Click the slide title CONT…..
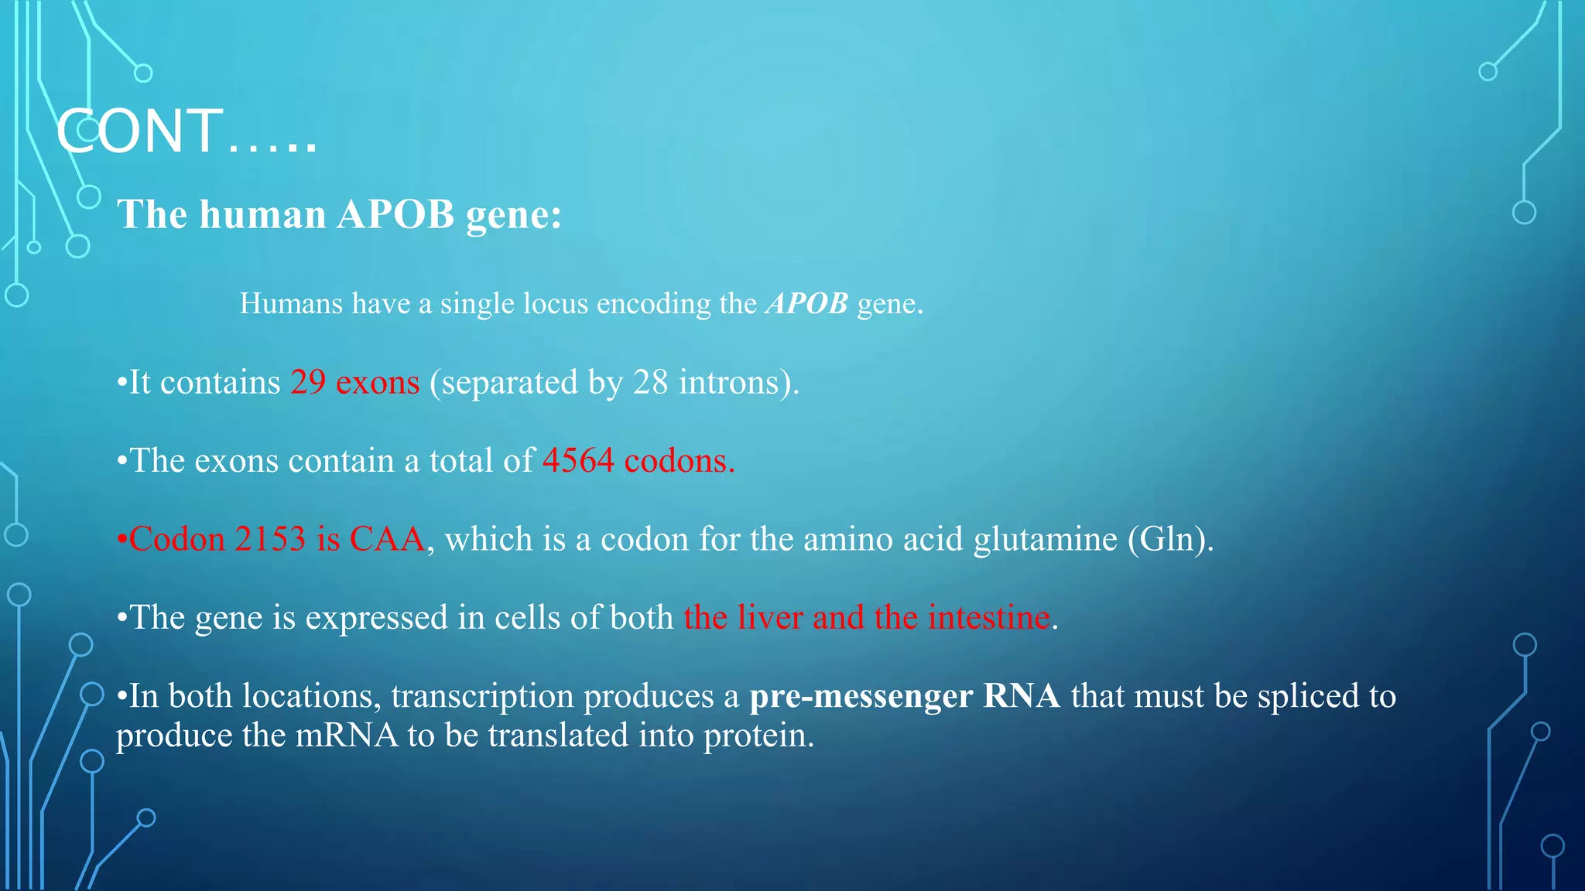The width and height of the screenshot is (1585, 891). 186,131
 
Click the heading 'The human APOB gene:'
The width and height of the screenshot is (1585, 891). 339,214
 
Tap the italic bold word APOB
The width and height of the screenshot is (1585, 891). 807,303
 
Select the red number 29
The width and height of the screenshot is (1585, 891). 308,382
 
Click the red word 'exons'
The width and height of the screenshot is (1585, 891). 378,382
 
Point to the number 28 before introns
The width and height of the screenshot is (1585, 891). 650,382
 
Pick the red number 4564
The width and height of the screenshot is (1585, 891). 578,461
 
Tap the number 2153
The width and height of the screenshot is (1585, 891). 270,539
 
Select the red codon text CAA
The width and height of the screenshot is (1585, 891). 387,539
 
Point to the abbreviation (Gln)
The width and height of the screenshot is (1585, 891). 1170,540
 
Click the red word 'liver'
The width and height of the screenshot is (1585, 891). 770,617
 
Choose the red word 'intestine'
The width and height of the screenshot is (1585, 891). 989,617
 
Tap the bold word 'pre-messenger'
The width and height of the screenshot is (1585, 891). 861,696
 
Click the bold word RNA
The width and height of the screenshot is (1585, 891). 1022,696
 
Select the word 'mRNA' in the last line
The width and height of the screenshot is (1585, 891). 347,735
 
